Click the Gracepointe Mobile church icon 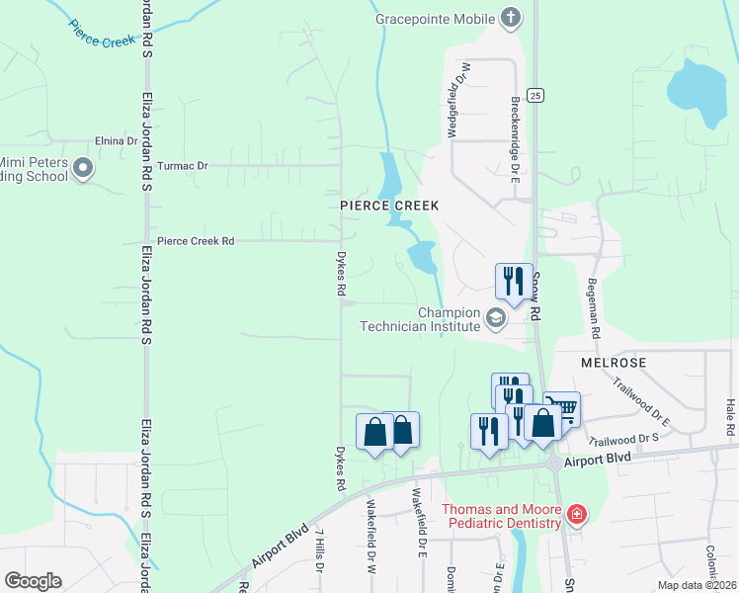click(510, 17)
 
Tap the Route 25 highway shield click(534, 95)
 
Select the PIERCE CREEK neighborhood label click(388, 205)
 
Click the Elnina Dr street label click(116, 141)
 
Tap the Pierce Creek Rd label click(196, 240)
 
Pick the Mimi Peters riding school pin click(83, 170)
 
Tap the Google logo click(33, 580)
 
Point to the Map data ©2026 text click(697, 585)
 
